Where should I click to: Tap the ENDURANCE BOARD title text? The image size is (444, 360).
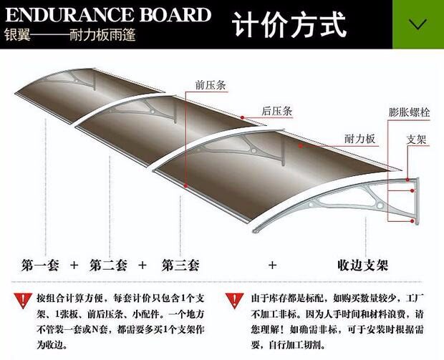coord(108,15)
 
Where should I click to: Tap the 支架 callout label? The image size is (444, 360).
coord(417,139)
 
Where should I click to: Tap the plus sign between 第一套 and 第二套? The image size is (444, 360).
coord(73,265)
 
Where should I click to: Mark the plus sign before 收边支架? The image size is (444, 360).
coord(271,265)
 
